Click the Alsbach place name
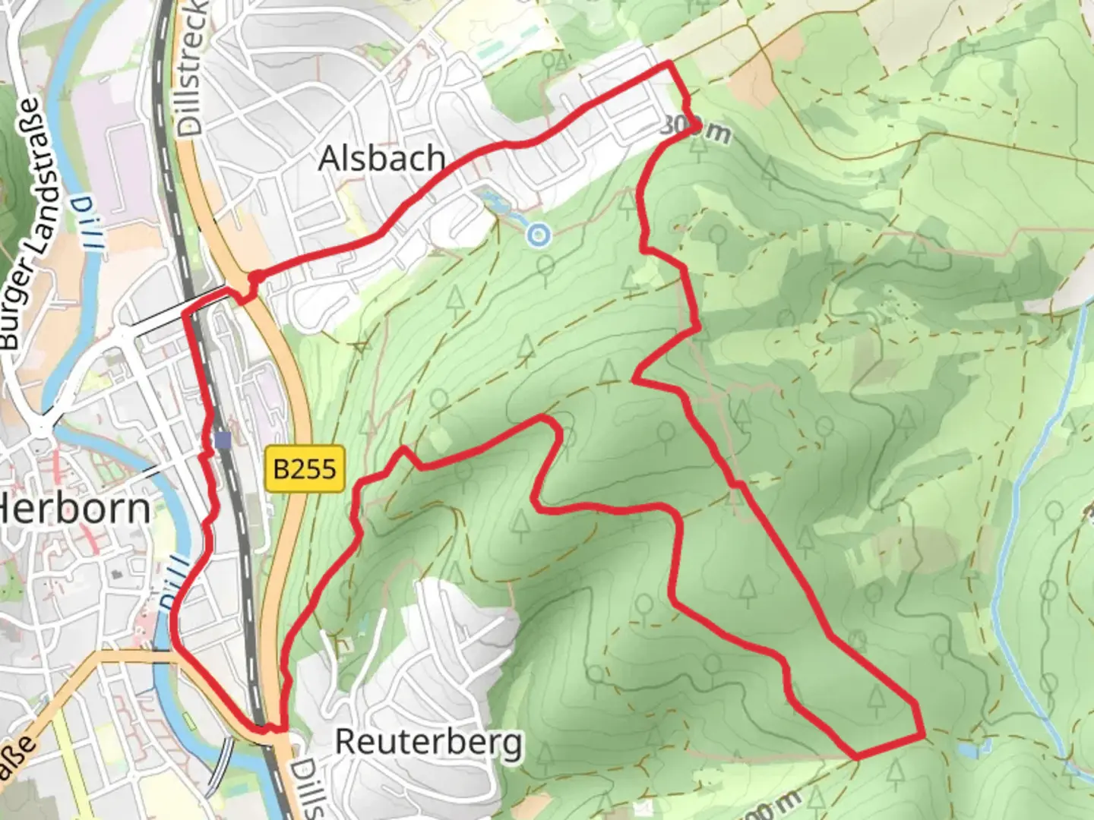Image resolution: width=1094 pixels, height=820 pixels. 381,159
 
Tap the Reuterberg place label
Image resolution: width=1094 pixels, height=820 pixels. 429,742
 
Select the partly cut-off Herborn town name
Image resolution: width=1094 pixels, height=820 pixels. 76,508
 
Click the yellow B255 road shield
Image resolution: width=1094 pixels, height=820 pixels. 305,469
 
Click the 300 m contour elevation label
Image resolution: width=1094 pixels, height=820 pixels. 694,128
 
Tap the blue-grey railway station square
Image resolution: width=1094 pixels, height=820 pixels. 223,440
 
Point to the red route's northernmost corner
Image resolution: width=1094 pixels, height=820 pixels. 669,63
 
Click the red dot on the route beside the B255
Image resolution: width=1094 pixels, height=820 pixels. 255,276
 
